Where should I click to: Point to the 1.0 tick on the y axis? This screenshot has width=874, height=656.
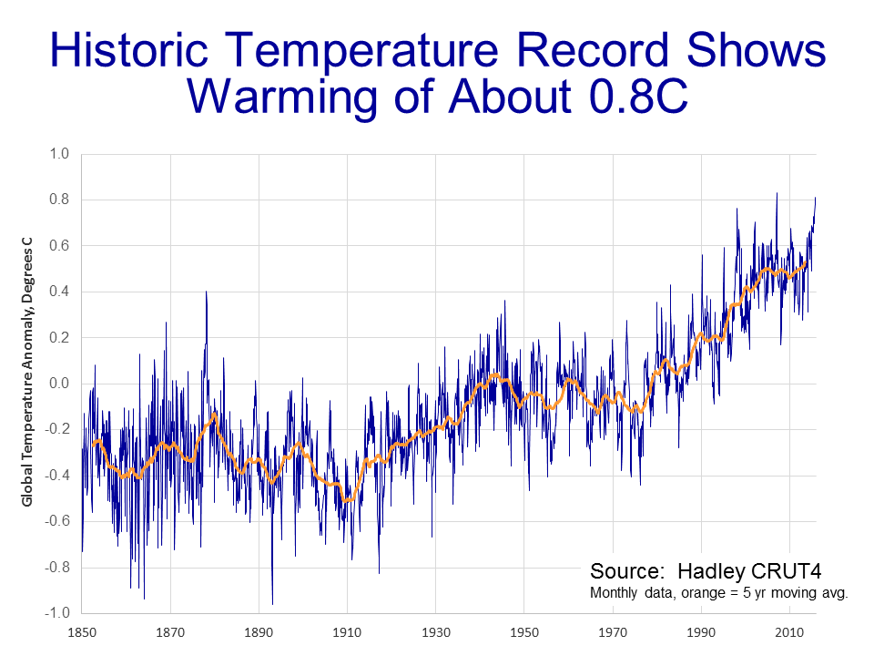coord(59,154)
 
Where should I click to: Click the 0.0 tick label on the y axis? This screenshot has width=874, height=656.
coord(59,384)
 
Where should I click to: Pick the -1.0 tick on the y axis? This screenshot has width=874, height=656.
coord(57,612)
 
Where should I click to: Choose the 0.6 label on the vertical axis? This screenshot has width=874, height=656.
coord(59,246)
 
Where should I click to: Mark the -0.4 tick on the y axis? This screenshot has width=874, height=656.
coord(57,476)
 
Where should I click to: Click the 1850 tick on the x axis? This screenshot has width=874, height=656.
coord(82,630)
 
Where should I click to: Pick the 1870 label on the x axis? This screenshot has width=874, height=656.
coord(170,630)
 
